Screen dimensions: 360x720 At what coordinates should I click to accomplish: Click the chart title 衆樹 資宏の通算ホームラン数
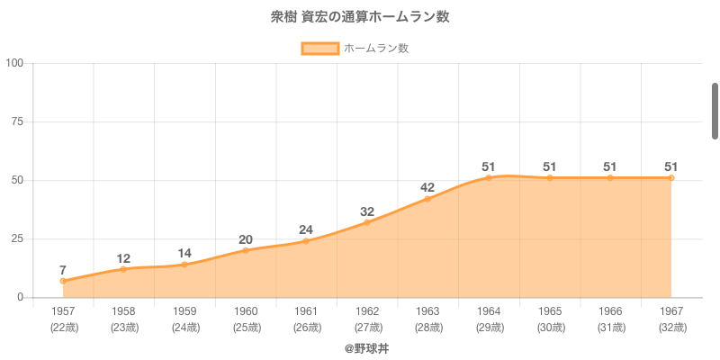[360, 17]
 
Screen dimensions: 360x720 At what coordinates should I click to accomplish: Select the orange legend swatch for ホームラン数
[319, 49]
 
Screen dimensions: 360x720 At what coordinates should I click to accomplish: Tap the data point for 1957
[63, 281]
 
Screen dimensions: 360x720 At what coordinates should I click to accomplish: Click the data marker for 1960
[246, 250]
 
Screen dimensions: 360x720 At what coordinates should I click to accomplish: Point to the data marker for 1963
[427, 199]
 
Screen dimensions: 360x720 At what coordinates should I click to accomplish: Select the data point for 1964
[489, 177]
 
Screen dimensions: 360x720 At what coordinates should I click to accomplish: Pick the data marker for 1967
[671, 177]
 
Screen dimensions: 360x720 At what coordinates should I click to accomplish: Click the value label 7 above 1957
[63, 270]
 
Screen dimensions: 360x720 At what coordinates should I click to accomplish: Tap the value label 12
[124, 258]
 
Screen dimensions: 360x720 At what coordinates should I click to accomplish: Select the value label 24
[306, 229]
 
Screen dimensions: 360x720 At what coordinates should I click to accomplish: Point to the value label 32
[367, 211]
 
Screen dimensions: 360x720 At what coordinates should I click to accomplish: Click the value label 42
[427, 188]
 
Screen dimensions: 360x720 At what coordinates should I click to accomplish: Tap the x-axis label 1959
[184, 311]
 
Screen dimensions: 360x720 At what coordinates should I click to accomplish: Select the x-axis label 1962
[367, 311]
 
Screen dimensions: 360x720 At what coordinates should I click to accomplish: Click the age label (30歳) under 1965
[550, 327]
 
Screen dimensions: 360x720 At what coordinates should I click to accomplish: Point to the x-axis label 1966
[610, 311]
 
